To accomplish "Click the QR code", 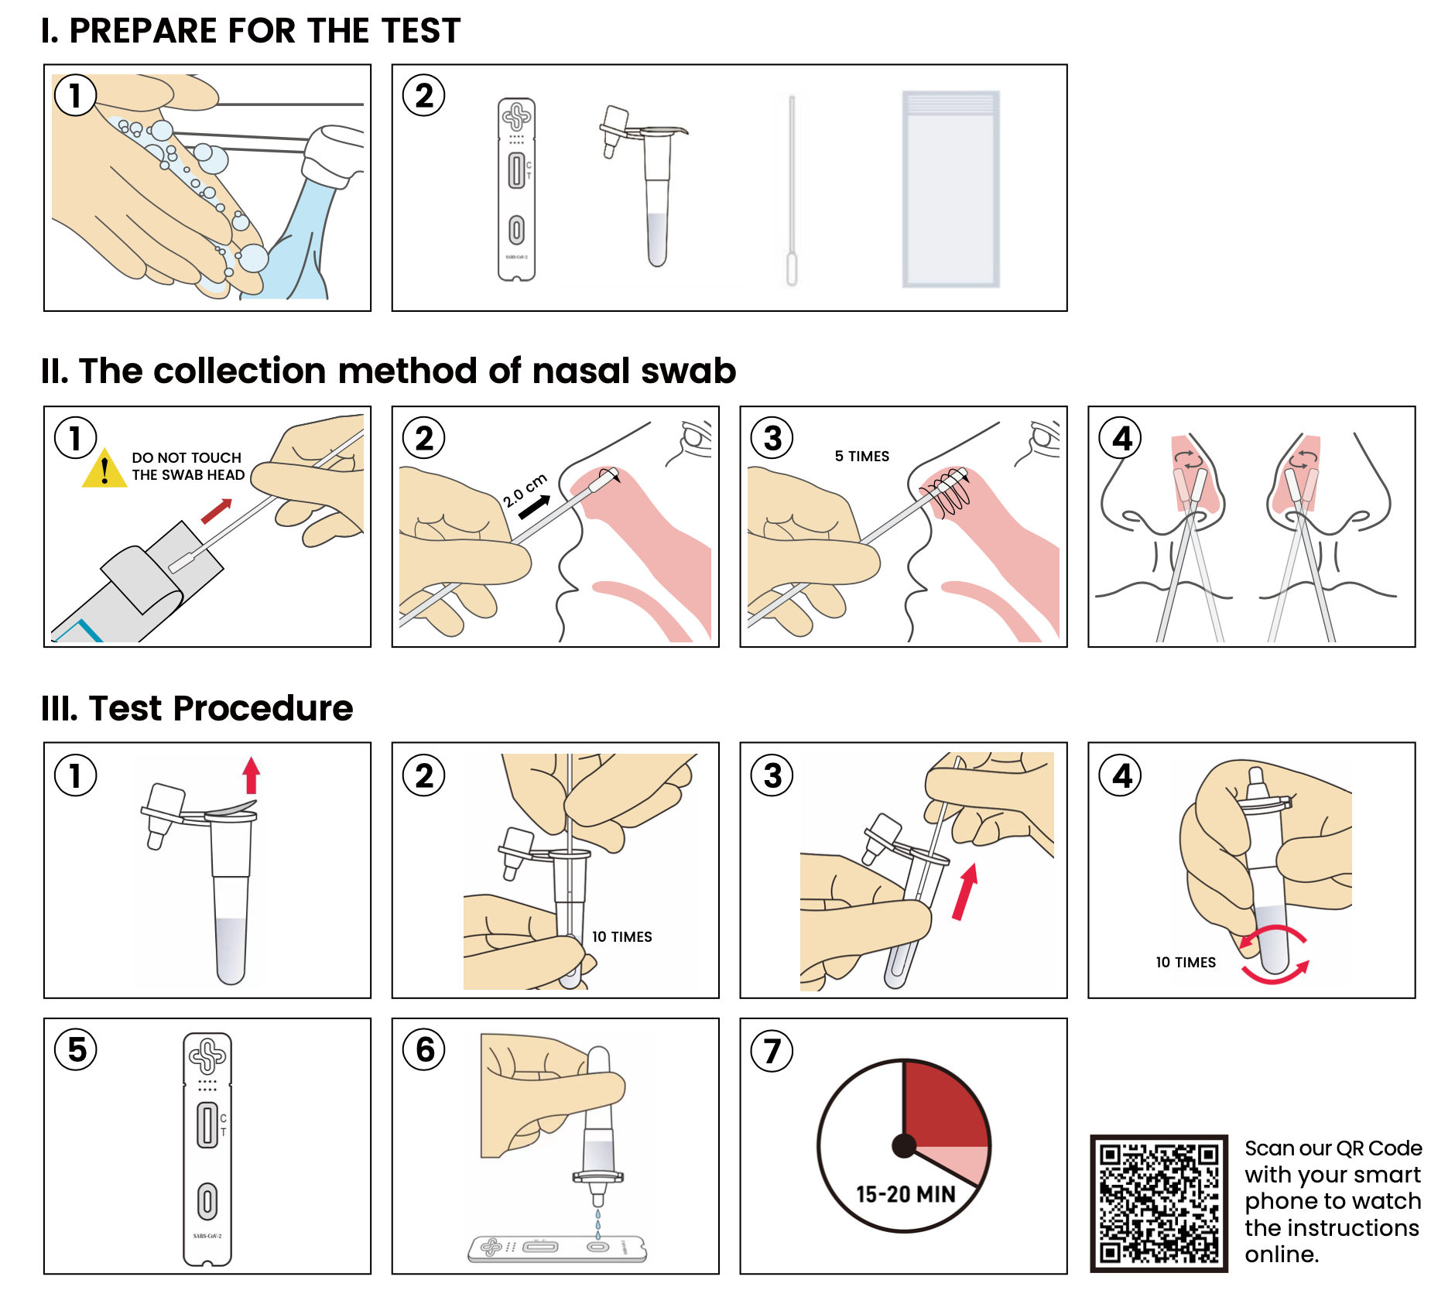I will click(x=1159, y=1203).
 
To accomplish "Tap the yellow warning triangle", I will click(x=104, y=470).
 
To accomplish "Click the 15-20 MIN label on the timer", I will click(x=906, y=1194).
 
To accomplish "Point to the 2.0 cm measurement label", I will click(x=525, y=490).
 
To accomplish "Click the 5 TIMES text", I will click(x=861, y=457).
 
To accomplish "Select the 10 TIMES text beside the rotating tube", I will click(x=1185, y=962).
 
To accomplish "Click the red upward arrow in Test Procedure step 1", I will click(x=251, y=775).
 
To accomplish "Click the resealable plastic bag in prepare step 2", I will click(x=950, y=190).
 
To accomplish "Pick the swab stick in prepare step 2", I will click(x=791, y=190).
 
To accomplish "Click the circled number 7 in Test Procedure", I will click(x=772, y=1051).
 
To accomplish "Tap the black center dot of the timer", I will click(x=903, y=1145).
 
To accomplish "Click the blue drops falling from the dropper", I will click(x=597, y=1223).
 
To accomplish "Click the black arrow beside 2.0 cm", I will click(x=534, y=508).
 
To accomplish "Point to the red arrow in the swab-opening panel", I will click(x=217, y=512).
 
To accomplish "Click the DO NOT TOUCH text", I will click(x=187, y=457).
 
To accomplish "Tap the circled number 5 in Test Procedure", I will click(x=76, y=1050).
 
